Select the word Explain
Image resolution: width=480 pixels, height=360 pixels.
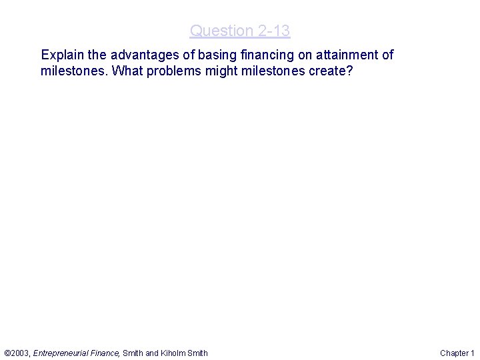61,55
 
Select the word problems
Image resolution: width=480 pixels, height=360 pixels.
171,71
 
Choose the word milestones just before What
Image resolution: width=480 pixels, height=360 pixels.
74,71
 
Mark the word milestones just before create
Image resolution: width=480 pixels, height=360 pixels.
269,71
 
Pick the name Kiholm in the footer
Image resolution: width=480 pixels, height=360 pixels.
174,353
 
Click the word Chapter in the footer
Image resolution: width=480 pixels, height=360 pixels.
454,353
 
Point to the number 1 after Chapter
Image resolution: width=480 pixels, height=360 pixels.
472,353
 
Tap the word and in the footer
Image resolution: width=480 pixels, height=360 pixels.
152,353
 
